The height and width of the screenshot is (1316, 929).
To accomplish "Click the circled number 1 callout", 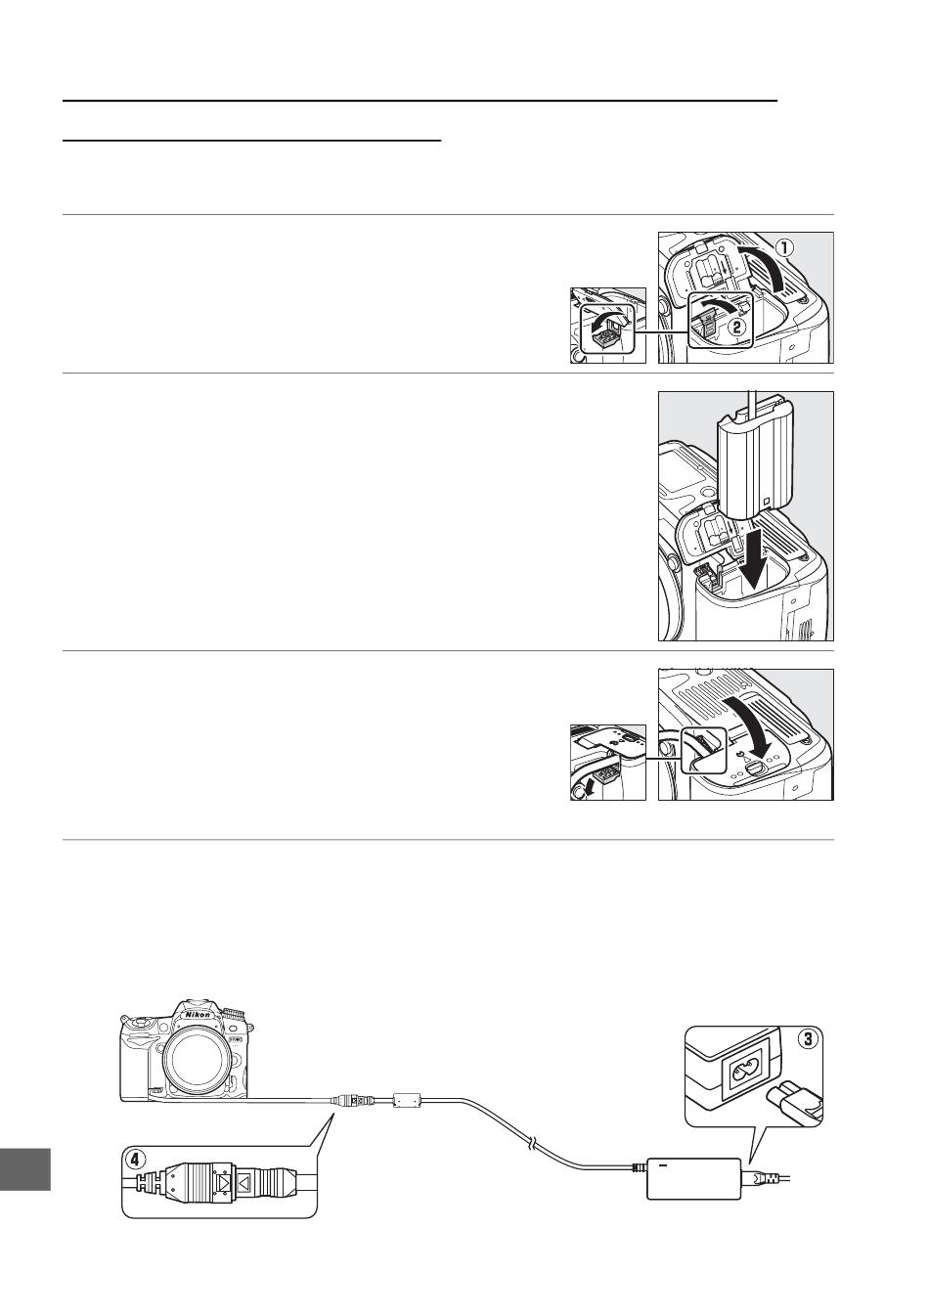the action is (x=785, y=248).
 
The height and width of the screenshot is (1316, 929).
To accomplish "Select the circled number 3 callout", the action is (x=808, y=1038).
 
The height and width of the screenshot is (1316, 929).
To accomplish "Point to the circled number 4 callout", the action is (x=135, y=1160).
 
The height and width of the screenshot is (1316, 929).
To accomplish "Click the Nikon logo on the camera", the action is (x=198, y=1015).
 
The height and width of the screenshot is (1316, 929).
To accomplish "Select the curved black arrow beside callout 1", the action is (x=766, y=266).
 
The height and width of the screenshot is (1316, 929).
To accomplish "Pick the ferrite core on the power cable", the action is (x=408, y=1097).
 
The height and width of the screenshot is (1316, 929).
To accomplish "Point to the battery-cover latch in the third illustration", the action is (x=758, y=768).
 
